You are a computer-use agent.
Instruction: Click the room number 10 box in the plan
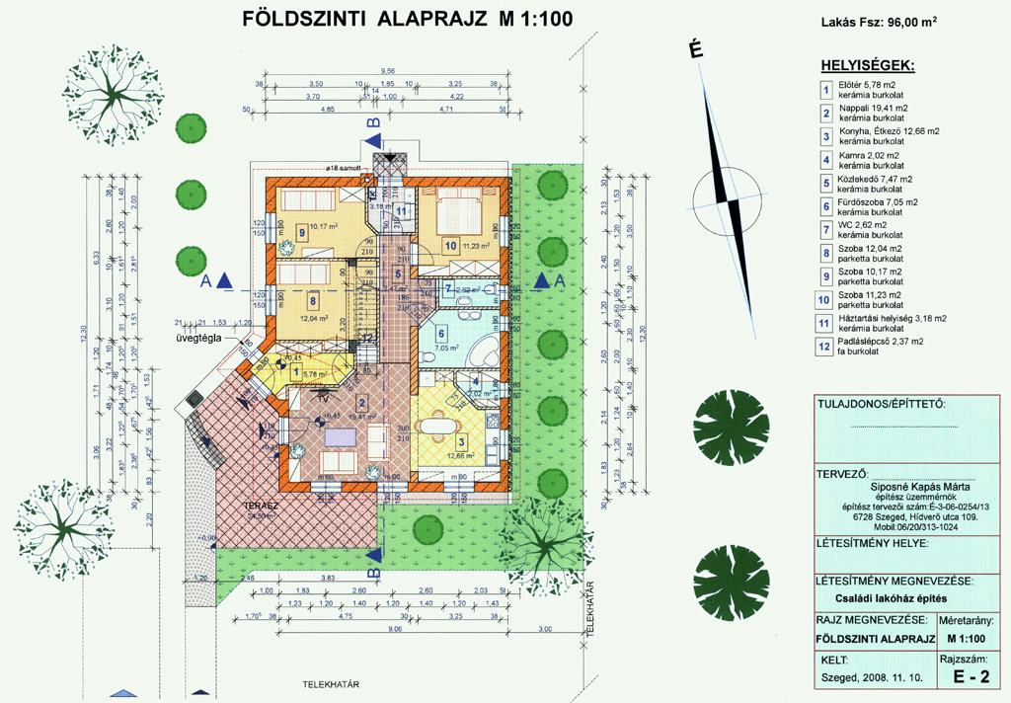(x=450, y=246)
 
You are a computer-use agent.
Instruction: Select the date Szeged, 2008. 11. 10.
(x=873, y=678)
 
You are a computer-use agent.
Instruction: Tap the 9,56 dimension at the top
(x=388, y=71)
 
